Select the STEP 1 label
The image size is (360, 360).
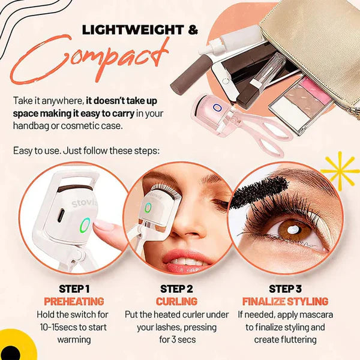pos(74,288)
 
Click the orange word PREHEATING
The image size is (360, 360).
pos(74,301)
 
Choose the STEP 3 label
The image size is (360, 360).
pos(285,288)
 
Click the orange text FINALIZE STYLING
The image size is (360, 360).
pos(285,301)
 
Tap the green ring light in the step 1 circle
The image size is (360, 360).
pos(85,226)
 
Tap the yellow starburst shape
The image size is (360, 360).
pos(341,170)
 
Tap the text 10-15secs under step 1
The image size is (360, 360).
pos(55,327)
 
